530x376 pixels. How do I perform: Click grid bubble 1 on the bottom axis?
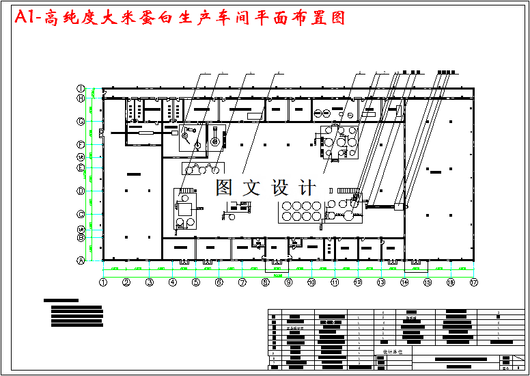[103, 282]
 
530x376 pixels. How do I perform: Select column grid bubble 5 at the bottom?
[195, 282]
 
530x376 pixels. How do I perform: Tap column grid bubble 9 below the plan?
[288, 282]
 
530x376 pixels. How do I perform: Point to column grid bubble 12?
[358, 282]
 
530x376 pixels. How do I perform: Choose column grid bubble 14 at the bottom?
[404, 282]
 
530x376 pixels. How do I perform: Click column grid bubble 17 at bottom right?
[473, 282]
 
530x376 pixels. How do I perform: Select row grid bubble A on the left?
[80, 260]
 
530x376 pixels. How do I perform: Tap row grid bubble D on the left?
[80, 191]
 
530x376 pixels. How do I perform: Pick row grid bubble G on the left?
[80, 122]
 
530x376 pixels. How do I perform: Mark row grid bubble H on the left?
[80, 98]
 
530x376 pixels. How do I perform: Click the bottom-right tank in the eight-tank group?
[316, 215]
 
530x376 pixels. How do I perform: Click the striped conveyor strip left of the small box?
[382, 204]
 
